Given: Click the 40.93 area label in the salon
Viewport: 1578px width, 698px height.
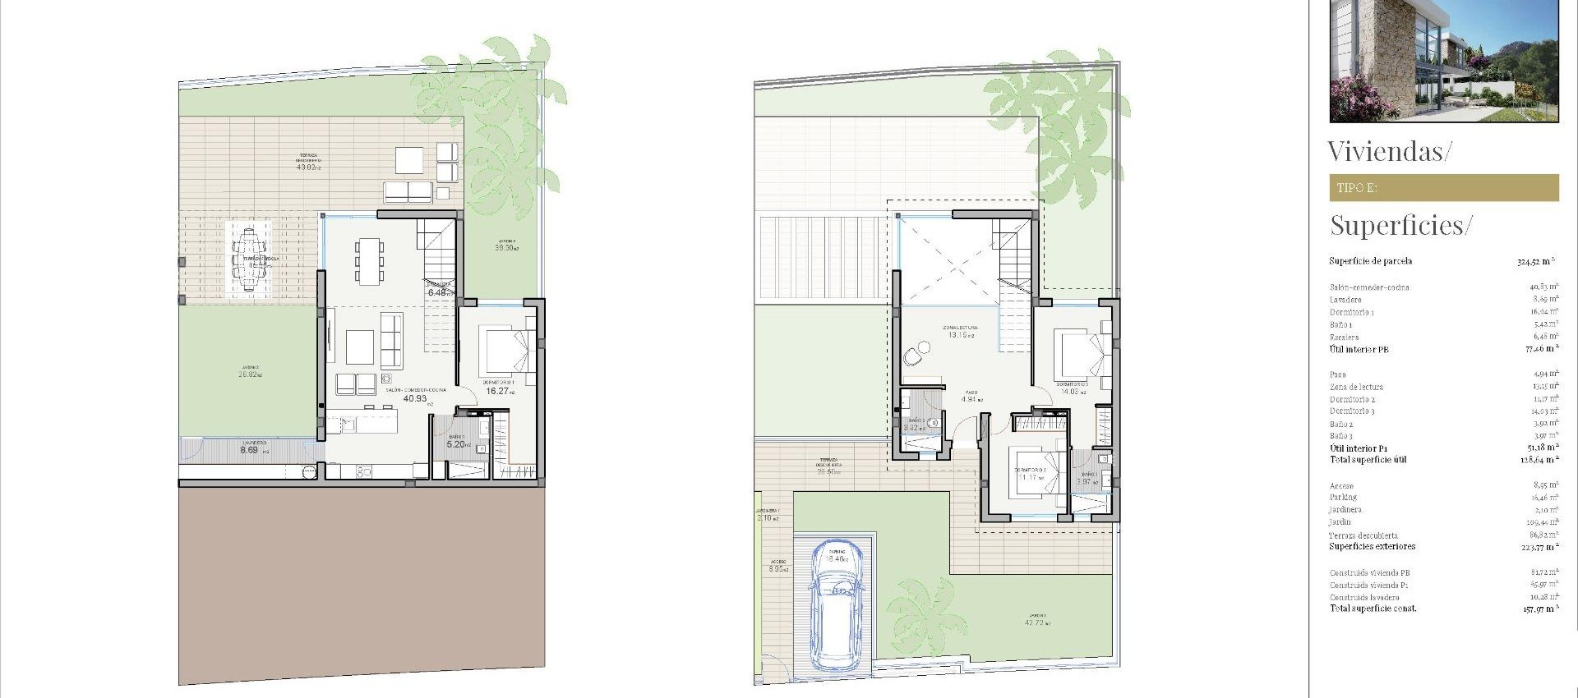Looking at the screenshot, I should pos(415,398).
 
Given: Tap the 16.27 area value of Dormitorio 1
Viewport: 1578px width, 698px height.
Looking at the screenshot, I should pos(497,392).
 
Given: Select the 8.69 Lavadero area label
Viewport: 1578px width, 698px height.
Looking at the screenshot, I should pos(249,450).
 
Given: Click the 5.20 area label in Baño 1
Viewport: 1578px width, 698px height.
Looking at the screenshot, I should pos(456,444).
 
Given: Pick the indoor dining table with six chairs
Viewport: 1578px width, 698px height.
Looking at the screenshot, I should pos(369,260).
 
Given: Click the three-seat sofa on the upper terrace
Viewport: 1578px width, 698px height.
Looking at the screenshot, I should pos(408,192).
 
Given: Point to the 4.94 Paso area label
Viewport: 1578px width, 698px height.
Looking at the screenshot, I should pos(971,400).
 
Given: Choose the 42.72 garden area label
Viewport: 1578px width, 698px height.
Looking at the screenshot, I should pos(1036,622).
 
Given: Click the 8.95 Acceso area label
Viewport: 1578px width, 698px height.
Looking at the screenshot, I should pos(777,568).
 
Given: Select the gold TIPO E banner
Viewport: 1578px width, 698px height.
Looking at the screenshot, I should pos(1443,188).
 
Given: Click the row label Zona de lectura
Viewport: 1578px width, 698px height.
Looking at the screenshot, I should pos(1356,387).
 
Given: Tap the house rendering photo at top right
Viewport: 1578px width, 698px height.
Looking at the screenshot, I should pos(1443,61).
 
